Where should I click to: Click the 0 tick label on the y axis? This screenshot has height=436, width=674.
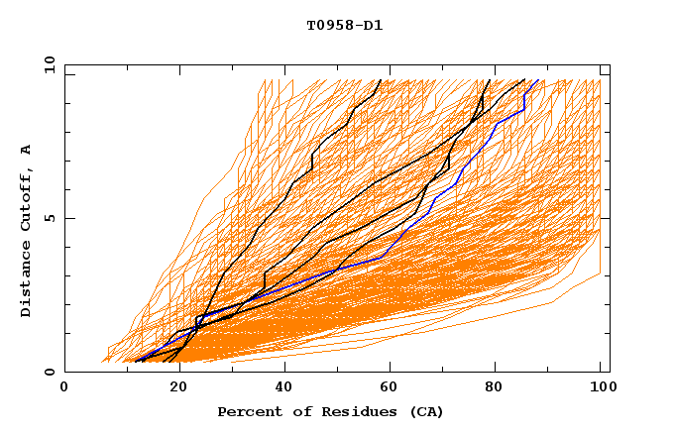coord(49,373)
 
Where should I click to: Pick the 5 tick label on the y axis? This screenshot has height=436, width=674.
coord(49,218)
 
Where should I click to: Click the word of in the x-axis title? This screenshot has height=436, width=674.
coord(297,412)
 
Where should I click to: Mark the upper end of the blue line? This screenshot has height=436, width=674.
coord(537,81)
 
